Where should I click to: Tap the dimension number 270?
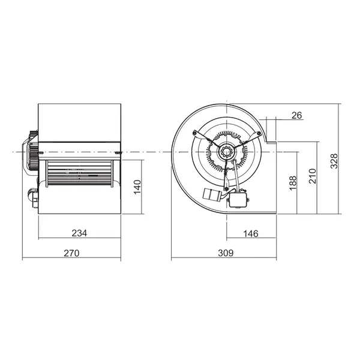tap(71, 254)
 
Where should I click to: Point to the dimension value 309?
tap(225, 254)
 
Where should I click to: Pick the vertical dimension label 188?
tap(293, 182)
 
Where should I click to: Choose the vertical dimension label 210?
tap(313, 176)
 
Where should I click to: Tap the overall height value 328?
tap(335, 161)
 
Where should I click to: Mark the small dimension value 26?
tap(295, 115)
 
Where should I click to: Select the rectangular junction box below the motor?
tap(239, 199)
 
